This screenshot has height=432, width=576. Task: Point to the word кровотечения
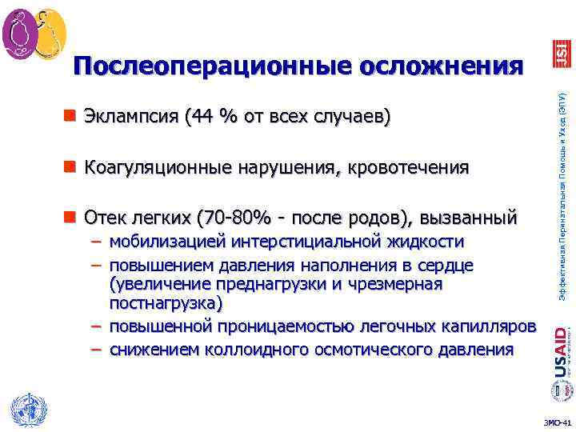tap(406, 167)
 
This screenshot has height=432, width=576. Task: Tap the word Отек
tap(103, 217)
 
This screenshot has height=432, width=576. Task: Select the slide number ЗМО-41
tap(558, 422)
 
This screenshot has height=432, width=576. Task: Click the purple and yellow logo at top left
tap(34, 34)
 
